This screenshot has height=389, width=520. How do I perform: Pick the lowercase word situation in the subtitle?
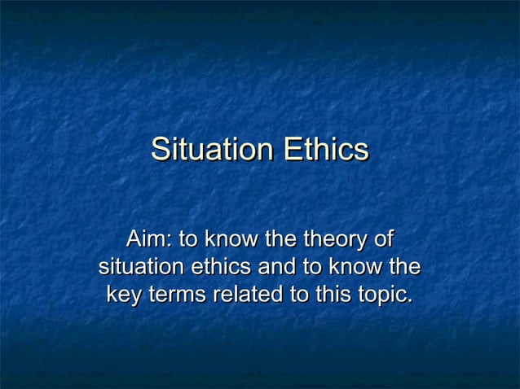142,267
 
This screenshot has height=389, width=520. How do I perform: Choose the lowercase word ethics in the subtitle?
222,267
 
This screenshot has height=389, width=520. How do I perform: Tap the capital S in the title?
161,150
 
